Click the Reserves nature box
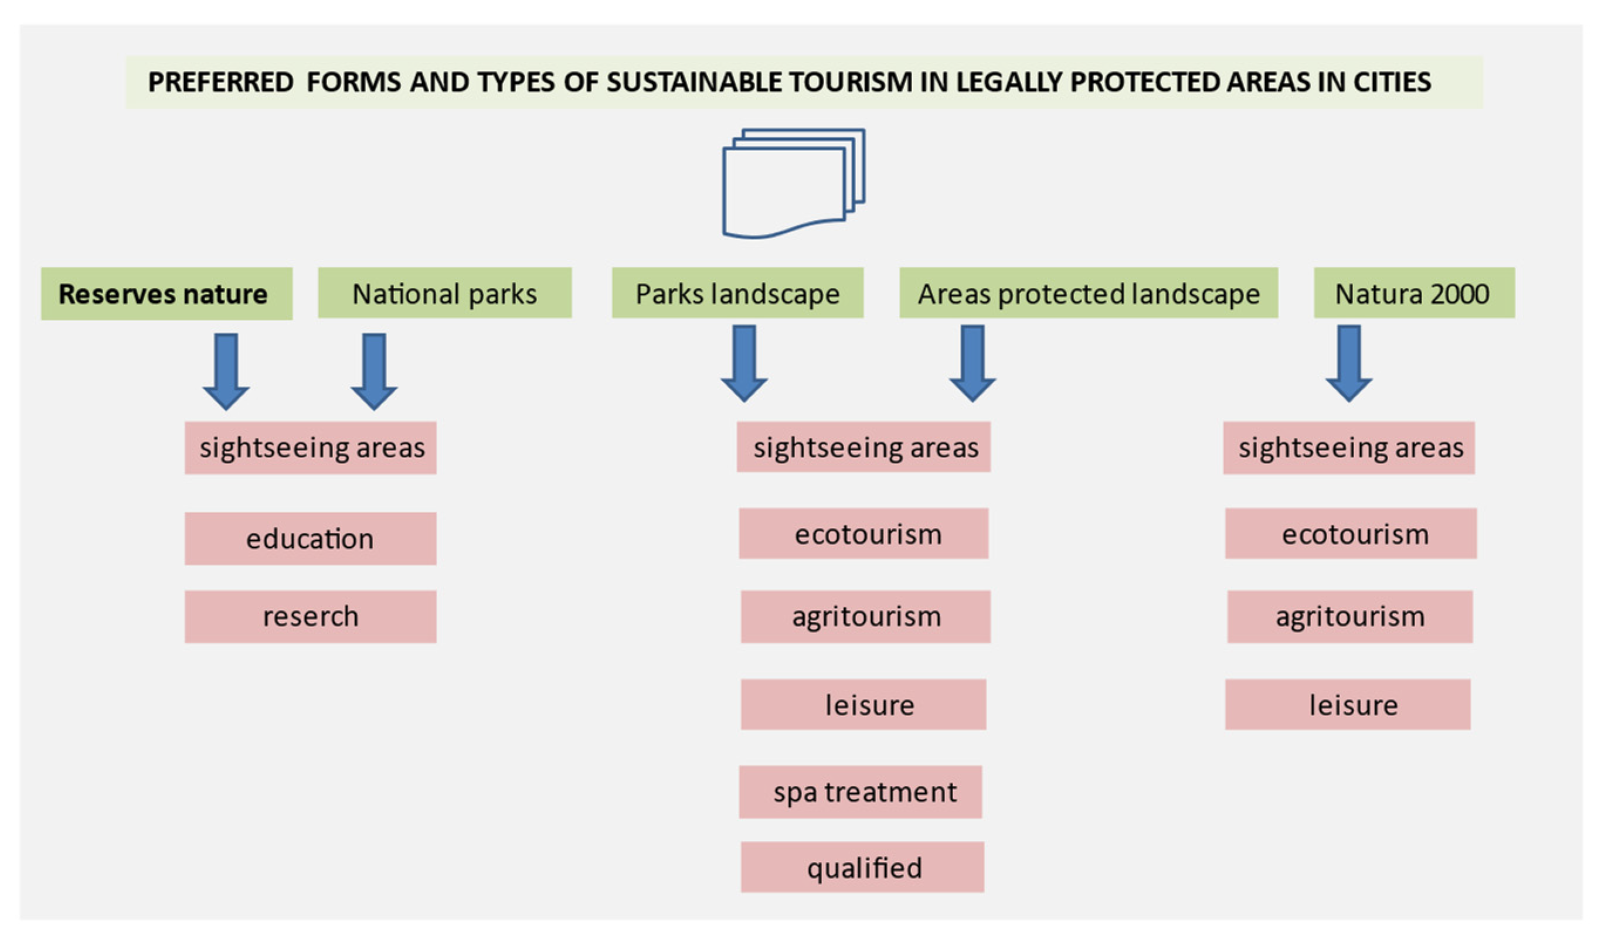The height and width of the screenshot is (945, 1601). click(167, 294)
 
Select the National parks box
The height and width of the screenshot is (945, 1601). click(445, 293)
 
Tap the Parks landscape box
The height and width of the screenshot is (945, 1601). click(737, 293)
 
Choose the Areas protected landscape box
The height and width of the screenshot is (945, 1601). click(1089, 293)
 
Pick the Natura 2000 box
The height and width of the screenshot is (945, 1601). click(1415, 293)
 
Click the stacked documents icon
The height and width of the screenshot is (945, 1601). click(794, 183)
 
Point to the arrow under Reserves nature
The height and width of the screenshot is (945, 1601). click(226, 372)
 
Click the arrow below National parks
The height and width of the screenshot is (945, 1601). click(374, 372)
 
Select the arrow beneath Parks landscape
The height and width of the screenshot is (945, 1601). click(744, 364)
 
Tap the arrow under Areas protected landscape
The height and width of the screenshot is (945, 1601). click(973, 364)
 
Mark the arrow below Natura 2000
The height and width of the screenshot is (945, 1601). click(1350, 364)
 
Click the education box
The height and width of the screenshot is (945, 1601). click(311, 539)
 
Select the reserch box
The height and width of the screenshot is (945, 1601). click(311, 617)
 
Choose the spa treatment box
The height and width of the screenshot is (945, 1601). click(861, 792)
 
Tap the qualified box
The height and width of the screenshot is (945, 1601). click(862, 867)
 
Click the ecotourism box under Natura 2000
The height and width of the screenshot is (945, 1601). click(1351, 534)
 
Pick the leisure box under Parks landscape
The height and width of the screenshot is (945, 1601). click(864, 704)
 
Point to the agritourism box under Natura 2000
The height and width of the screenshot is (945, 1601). click(1351, 617)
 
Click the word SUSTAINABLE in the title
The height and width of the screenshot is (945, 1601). click(695, 82)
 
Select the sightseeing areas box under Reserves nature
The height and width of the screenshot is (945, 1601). click(311, 448)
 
